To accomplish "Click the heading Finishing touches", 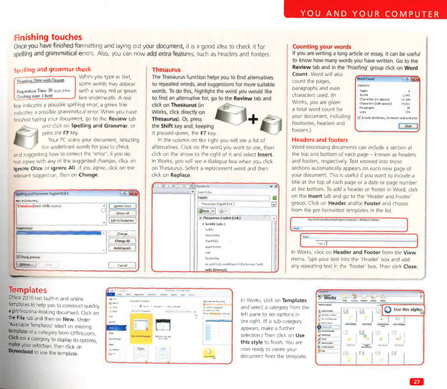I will (48, 38).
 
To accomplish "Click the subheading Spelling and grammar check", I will (52, 69).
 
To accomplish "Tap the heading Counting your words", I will (321, 47).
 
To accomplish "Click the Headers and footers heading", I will (319, 140).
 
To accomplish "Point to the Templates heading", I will (33, 289).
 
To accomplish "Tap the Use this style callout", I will (404, 309).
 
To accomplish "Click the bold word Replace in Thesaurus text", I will (181, 174).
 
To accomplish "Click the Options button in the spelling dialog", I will (27, 264).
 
